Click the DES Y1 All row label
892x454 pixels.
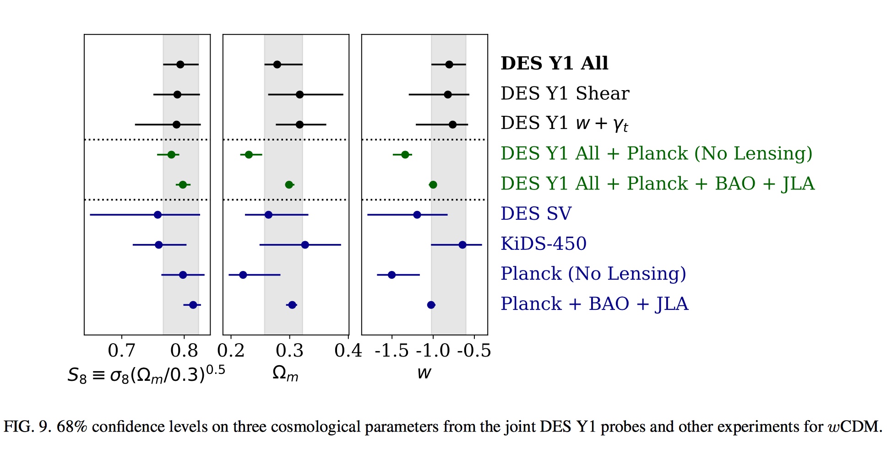pyautogui.click(x=554, y=63)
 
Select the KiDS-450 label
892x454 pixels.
pyautogui.click(x=543, y=243)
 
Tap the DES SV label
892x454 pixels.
pyautogui.click(x=536, y=214)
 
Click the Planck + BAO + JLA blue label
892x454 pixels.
pyautogui.click(x=594, y=304)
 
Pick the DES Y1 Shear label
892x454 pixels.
pyautogui.click(x=565, y=93)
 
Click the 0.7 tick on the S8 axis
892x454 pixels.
pyautogui.click(x=121, y=351)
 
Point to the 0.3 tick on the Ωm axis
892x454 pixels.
pyautogui.click(x=289, y=351)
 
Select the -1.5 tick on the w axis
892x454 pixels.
pyautogui.click(x=391, y=351)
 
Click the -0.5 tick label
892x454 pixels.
pyautogui.click(x=474, y=351)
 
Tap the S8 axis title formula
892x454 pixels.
pyautogui.click(x=146, y=374)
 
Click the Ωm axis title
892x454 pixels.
pyautogui.click(x=285, y=373)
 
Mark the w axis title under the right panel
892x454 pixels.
pyautogui.click(x=424, y=373)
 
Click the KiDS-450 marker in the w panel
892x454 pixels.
pyautogui.click(x=462, y=245)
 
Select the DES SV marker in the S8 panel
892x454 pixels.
pyautogui.click(x=158, y=215)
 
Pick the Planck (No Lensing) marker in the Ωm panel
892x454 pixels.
pyautogui.click(x=243, y=275)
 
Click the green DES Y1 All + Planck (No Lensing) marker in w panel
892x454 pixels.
pyautogui.click(x=405, y=155)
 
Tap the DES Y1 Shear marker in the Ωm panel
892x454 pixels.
pyautogui.click(x=299, y=95)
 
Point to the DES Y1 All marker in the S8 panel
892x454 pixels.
pyautogui.click(x=180, y=65)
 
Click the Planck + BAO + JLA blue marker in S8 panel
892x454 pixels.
pyautogui.click(x=193, y=305)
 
